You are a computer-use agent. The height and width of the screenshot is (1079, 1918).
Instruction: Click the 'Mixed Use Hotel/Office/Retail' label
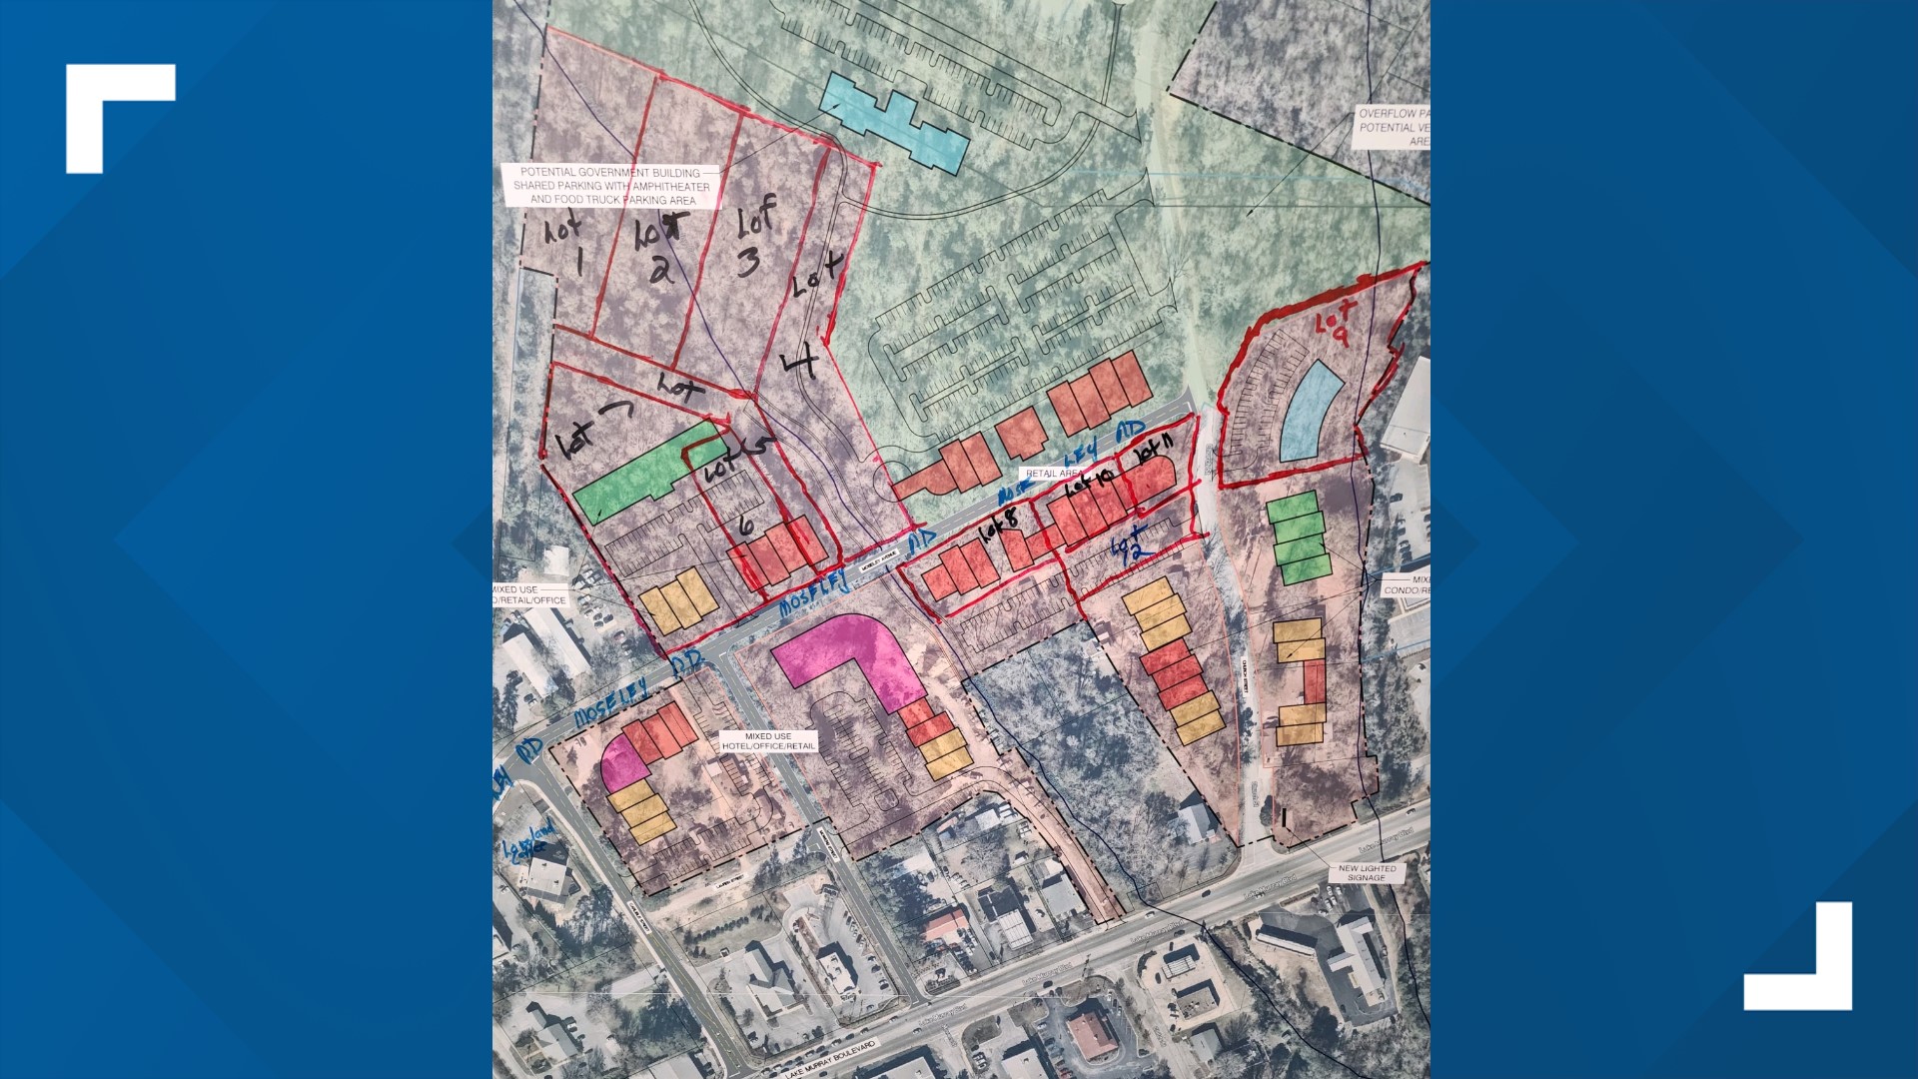pyautogui.click(x=768, y=741)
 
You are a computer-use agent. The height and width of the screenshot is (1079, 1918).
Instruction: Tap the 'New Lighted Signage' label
pyautogui.click(x=1367, y=873)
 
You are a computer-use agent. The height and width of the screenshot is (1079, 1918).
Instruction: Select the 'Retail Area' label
pyautogui.click(x=1054, y=473)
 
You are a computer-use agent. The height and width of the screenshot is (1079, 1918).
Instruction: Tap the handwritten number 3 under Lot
pyautogui.click(x=748, y=262)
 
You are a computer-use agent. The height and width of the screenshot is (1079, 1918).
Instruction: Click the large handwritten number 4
pyautogui.click(x=802, y=363)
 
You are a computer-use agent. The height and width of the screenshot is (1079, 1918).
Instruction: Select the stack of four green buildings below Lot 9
pyautogui.click(x=1298, y=538)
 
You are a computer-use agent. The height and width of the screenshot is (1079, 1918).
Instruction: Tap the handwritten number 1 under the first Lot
pyautogui.click(x=579, y=264)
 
